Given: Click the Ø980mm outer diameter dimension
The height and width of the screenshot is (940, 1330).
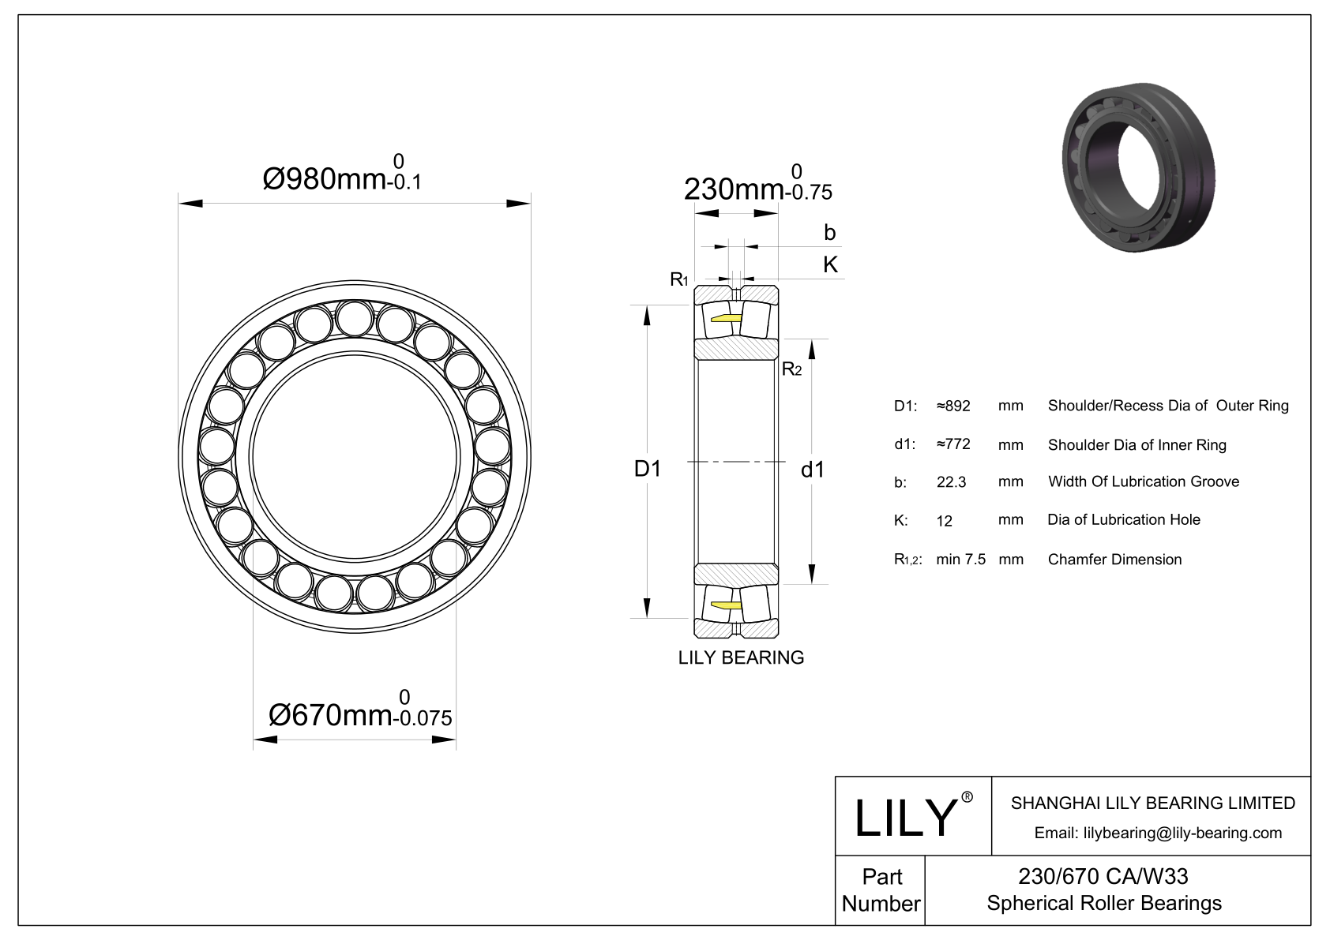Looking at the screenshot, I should pyautogui.click(x=341, y=178).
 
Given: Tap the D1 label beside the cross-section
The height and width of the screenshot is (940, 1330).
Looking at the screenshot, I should pyautogui.click(x=648, y=469).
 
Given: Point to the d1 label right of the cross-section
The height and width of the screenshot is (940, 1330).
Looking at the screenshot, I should pyautogui.click(x=813, y=470).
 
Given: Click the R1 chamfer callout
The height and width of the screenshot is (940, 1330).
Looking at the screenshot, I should pyautogui.click(x=678, y=279).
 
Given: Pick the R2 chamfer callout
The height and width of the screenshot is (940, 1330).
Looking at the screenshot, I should pyautogui.click(x=791, y=369).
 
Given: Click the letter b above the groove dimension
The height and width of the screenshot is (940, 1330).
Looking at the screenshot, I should pyautogui.click(x=829, y=232).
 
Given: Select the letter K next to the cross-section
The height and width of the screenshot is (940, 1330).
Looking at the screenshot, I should pyautogui.click(x=830, y=264).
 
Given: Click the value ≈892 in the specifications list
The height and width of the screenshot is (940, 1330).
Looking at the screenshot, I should pyautogui.click(x=952, y=406).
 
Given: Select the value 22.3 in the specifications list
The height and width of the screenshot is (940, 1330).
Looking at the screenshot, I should pyautogui.click(x=951, y=482).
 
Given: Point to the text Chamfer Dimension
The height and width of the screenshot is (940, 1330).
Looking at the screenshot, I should pyautogui.click(x=1114, y=560).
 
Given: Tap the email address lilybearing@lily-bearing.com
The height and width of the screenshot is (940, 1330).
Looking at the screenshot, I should pyautogui.click(x=1158, y=833).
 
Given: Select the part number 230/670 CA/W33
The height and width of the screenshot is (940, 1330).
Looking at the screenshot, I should pyautogui.click(x=1103, y=876).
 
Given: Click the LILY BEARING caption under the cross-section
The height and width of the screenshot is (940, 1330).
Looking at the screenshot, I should pyautogui.click(x=741, y=657).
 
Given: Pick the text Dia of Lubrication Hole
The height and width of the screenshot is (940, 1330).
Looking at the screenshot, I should pyautogui.click(x=1123, y=519).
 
